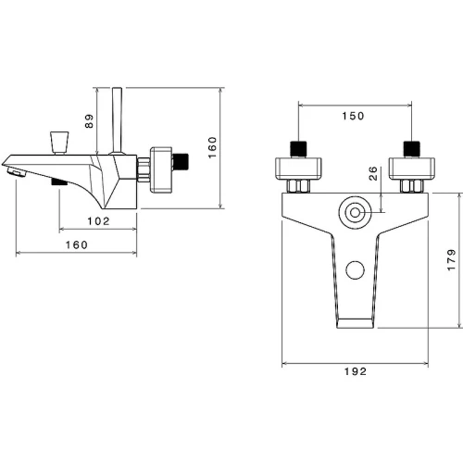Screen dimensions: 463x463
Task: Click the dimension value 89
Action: tap(89, 121)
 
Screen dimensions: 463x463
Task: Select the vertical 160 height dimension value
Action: tap(212, 147)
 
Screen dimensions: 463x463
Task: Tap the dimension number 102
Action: tap(98, 221)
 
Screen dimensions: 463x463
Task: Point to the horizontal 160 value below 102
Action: tap(77, 244)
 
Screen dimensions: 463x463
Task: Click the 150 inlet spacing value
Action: tap(353, 116)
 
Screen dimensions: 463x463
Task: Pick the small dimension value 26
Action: tap(373, 173)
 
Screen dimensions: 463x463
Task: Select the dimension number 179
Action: tap(451, 260)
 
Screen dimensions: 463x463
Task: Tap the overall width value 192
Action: tap(356, 371)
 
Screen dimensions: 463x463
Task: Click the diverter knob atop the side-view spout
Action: tap(59, 143)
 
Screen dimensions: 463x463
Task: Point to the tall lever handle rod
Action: tap(118, 120)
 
